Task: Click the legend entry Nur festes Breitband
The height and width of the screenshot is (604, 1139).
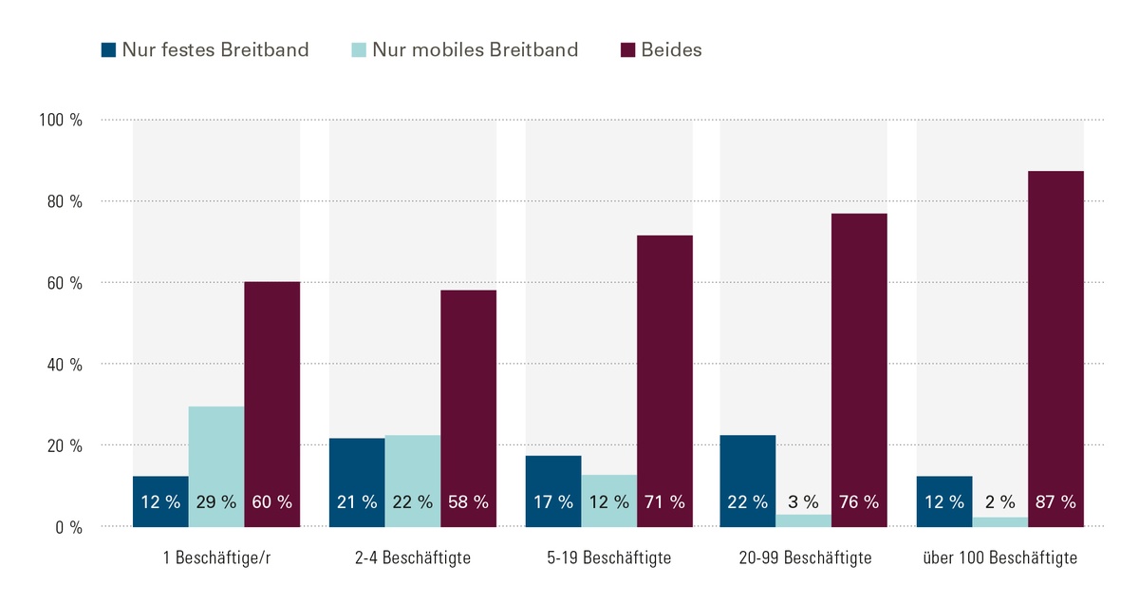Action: pyautogui.click(x=205, y=50)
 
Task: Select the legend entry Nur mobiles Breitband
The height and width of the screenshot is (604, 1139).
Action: pyautogui.click(x=463, y=50)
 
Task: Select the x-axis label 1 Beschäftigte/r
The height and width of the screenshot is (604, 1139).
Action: pyautogui.click(x=216, y=558)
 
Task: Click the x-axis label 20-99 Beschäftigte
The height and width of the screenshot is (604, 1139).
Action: pyautogui.click(x=804, y=558)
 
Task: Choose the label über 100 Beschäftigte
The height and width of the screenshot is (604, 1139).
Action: pyautogui.click(x=1000, y=558)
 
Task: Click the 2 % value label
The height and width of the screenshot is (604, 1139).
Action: pyautogui.click(x=1000, y=502)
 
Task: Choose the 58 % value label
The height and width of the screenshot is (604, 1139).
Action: pyautogui.click(x=468, y=502)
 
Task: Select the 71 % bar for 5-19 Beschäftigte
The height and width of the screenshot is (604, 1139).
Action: pyautogui.click(x=664, y=381)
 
